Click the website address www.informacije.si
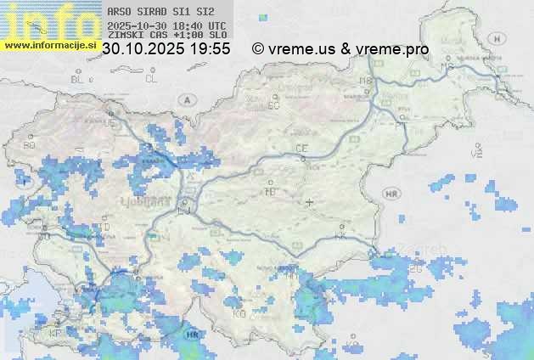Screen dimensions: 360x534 coord(48,44)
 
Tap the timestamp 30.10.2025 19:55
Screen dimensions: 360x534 coord(166,49)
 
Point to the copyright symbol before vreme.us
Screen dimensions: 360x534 coord(258,49)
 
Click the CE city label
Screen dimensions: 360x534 coord(301,149)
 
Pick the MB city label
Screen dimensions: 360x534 coord(367,81)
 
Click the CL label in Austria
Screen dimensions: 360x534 coord(151,79)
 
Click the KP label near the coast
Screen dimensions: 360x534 coord(55,332)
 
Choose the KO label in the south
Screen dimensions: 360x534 coord(239,313)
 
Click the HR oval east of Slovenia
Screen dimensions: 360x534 coord(391,194)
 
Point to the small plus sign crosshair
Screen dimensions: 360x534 coord(309,202)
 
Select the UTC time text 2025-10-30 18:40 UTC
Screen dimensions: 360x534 coord(166,26)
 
